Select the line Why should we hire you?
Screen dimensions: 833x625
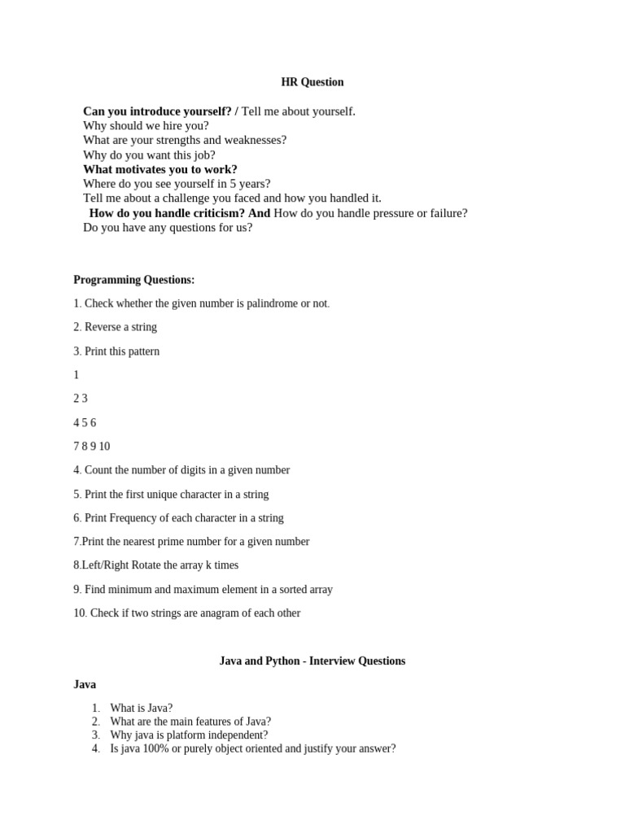tap(146, 126)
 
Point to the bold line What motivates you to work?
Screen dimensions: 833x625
tap(160, 170)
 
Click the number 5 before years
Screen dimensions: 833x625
tap(234, 185)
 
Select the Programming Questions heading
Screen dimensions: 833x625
tap(134, 280)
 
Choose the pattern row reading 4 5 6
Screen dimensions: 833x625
tap(85, 423)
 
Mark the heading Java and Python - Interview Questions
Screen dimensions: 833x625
tap(312, 661)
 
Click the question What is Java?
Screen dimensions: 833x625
tap(142, 709)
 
